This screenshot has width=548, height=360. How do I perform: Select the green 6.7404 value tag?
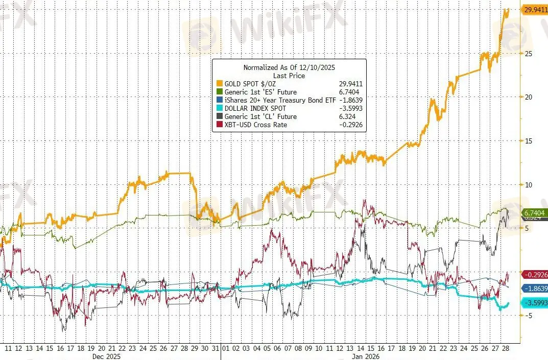(x=535, y=212)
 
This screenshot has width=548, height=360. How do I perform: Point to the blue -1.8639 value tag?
(x=535, y=289)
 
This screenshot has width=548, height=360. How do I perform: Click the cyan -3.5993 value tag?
(x=535, y=303)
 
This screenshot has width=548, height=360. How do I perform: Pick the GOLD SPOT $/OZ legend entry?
(x=250, y=84)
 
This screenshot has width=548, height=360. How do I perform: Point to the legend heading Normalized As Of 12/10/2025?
(x=289, y=67)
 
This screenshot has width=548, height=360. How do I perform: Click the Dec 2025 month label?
(x=107, y=356)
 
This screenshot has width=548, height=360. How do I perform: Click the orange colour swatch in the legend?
(x=219, y=84)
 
